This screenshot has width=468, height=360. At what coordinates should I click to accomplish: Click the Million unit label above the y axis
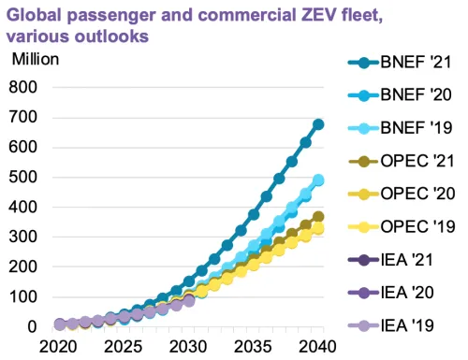pos(36,59)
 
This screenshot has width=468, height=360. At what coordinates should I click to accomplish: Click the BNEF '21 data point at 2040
pos(318,123)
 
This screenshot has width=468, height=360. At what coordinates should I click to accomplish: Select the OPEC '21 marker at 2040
pos(318,217)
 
